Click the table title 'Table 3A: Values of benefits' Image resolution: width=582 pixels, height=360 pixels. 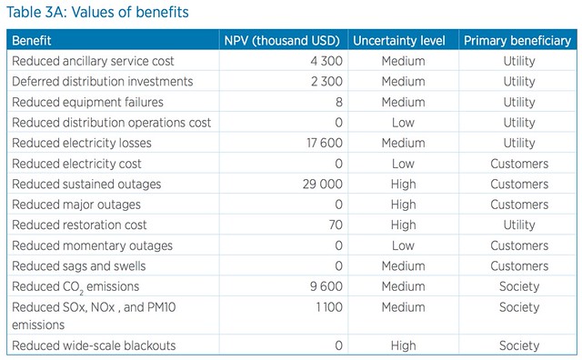click(97, 12)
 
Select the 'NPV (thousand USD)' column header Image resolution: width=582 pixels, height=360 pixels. click(282, 40)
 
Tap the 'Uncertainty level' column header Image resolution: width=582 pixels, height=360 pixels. click(399, 40)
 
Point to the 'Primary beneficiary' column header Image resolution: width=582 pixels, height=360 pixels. click(517, 40)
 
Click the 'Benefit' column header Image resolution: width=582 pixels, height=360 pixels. click(32, 40)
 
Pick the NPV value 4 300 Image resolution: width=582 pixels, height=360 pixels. click(326, 61)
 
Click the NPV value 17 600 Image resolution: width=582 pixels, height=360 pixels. click(325, 143)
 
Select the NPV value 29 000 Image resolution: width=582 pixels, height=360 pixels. click(323, 184)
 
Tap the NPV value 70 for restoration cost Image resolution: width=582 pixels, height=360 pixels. click(336, 225)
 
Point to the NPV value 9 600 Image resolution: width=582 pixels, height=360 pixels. click(326, 286)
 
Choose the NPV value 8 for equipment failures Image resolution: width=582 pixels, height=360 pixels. click(339, 102)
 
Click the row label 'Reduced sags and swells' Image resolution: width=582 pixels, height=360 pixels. click(79, 266)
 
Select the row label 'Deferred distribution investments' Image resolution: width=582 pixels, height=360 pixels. click(103, 81)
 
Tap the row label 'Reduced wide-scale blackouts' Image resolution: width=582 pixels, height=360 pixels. click(94, 345)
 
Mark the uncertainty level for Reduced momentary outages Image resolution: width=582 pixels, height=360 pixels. click(403, 245)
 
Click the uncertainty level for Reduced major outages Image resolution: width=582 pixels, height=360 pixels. click(403, 205)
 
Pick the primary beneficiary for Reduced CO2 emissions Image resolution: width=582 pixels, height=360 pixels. click(519, 286)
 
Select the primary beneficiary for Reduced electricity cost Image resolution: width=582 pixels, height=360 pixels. click(519, 164)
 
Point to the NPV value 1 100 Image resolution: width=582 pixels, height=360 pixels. click(329, 307)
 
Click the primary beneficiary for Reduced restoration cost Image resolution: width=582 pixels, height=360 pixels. click(519, 225)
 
